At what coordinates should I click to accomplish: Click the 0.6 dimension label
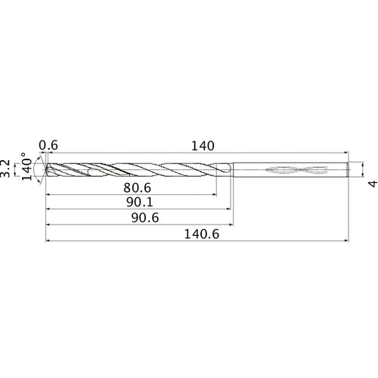point(48,146)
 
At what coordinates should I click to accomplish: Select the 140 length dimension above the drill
point(202,146)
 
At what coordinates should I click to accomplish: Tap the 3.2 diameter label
point(7,169)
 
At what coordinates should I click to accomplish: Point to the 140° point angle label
point(27,169)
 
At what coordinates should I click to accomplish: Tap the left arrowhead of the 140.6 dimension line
point(48,243)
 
